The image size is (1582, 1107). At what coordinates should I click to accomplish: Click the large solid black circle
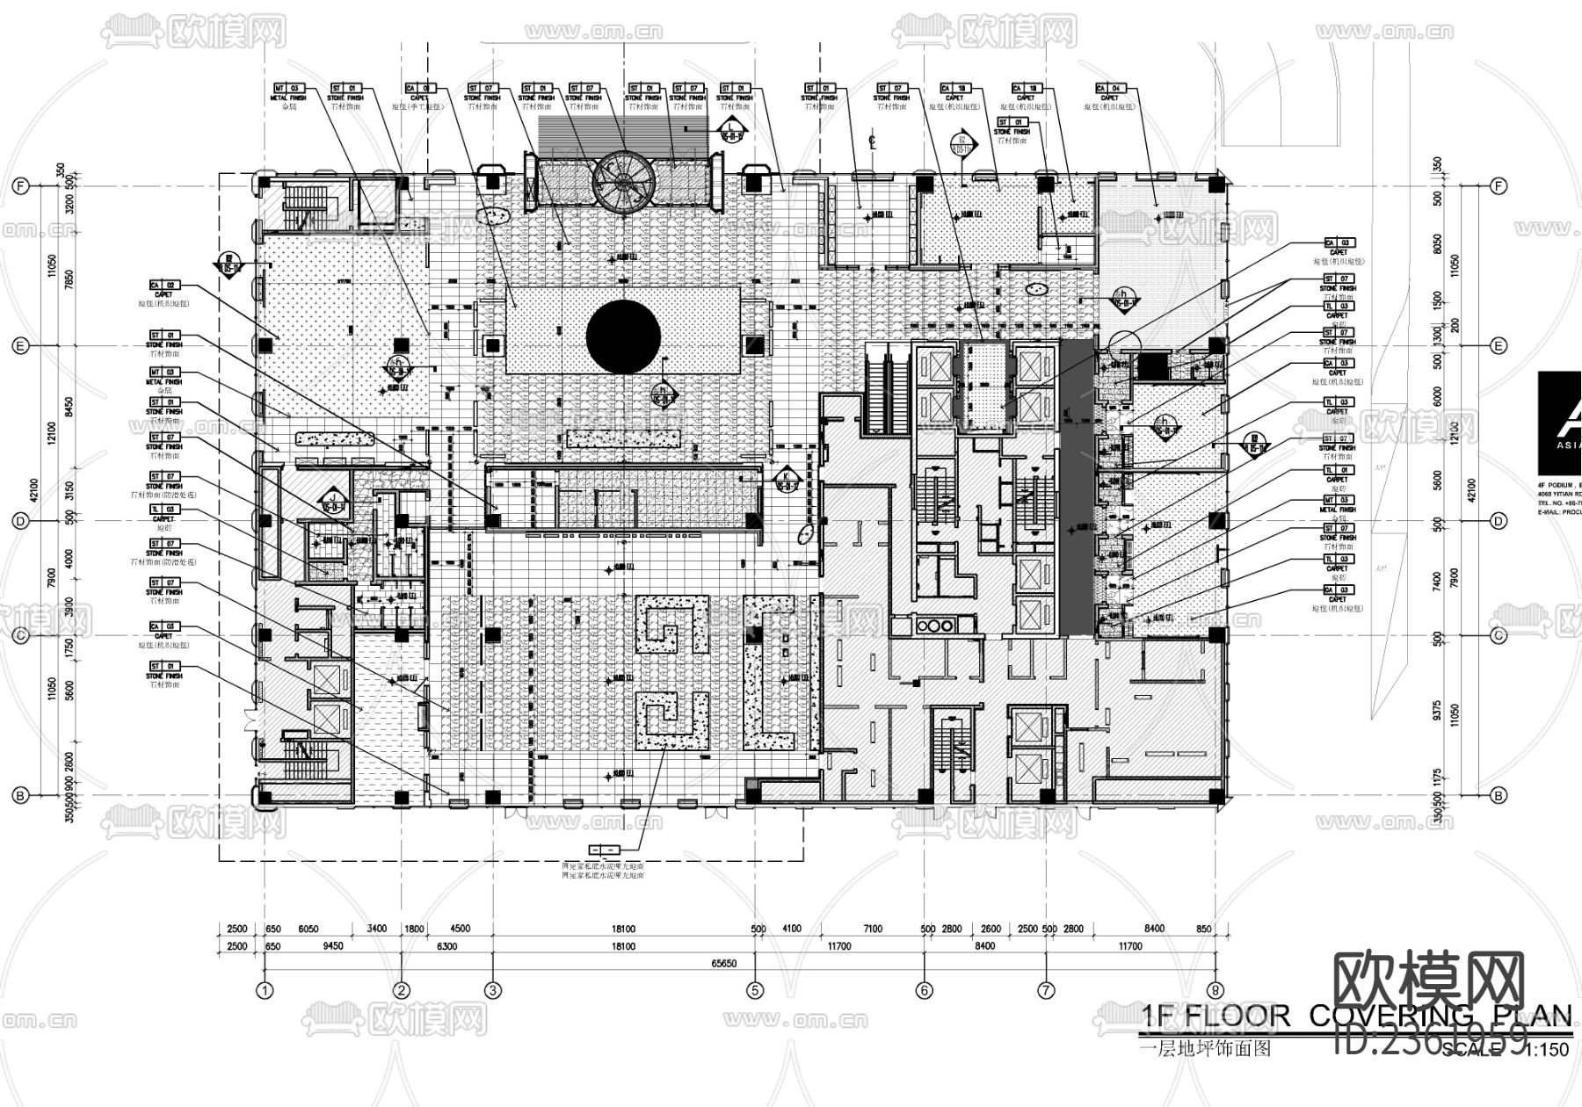tap(623, 336)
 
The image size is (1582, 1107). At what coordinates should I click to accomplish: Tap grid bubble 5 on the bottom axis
tap(754, 990)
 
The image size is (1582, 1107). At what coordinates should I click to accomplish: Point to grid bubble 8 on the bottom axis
tap(1216, 990)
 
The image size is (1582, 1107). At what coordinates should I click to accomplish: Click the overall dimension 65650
tap(724, 963)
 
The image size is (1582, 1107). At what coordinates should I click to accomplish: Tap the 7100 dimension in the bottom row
tap(873, 929)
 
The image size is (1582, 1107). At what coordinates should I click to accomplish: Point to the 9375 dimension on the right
tap(1436, 710)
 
